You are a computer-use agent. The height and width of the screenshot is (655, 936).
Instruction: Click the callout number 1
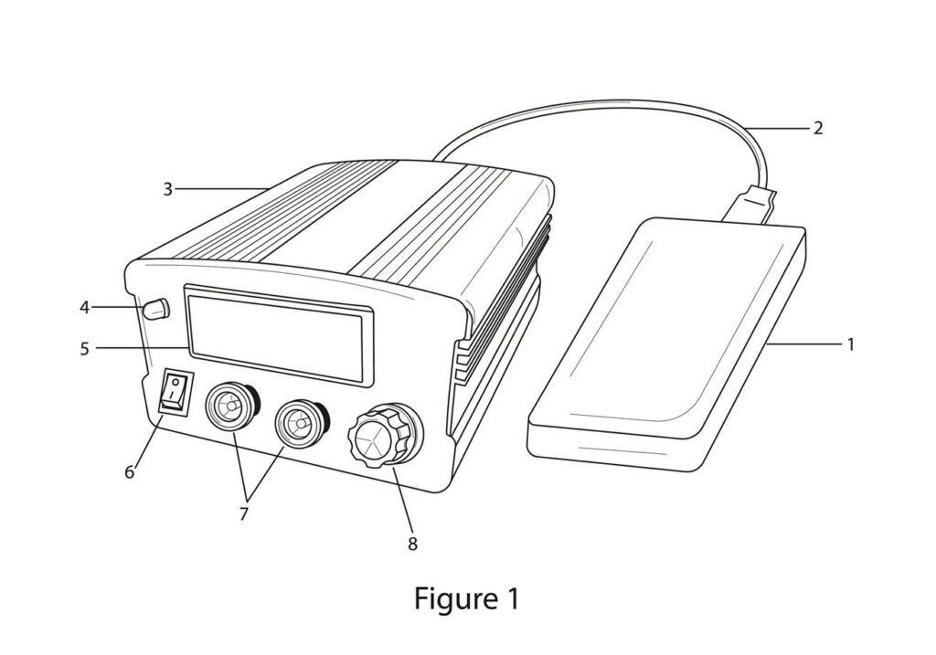click(x=850, y=344)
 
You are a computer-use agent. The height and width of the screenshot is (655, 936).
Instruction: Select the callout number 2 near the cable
click(x=817, y=128)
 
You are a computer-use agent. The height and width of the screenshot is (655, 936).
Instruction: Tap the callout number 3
click(x=167, y=189)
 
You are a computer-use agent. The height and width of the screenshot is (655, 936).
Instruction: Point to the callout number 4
click(x=84, y=308)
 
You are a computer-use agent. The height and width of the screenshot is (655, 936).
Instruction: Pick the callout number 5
click(x=84, y=348)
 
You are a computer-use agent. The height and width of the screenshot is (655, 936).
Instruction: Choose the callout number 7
click(x=243, y=513)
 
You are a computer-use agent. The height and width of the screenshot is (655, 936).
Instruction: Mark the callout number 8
click(x=411, y=544)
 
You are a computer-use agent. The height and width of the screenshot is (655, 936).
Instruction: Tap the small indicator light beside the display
click(x=157, y=310)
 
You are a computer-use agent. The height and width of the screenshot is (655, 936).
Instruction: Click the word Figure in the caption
click(x=452, y=599)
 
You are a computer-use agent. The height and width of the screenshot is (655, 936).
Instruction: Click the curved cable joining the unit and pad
click(x=594, y=107)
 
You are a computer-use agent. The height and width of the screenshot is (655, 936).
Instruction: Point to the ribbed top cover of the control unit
click(x=356, y=215)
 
